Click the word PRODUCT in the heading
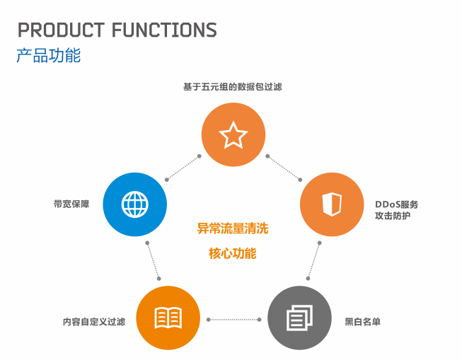(62, 30)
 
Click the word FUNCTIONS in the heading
(164, 30)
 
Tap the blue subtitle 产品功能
(49, 55)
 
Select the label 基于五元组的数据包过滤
(233, 87)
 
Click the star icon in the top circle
(233, 135)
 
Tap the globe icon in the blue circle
(135, 204)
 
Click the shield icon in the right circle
(332, 204)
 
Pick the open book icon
(168, 318)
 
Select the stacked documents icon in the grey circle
(300, 318)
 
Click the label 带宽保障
(71, 204)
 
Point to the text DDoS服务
(397, 204)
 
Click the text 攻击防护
(393, 216)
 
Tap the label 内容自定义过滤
(94, 322)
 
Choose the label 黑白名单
(363, 322)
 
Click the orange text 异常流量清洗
(233, 228)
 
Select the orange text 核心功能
(233, 253)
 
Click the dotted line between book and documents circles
(233, 320)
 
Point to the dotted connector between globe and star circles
(183, 168)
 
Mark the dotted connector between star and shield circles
(284, 168)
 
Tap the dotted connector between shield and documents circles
(314, 261)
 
